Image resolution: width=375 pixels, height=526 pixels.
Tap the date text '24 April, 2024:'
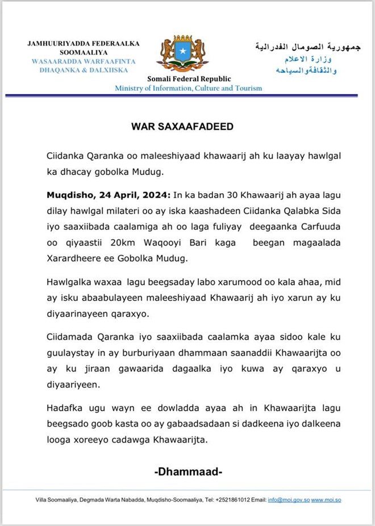point(122,195)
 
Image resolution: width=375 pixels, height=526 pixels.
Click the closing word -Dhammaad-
point(188,471)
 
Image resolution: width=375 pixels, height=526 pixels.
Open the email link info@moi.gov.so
point(288,500)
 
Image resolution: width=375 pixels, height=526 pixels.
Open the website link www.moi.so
point(326,500)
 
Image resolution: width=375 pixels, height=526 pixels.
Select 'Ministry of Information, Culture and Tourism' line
point(189,88)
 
